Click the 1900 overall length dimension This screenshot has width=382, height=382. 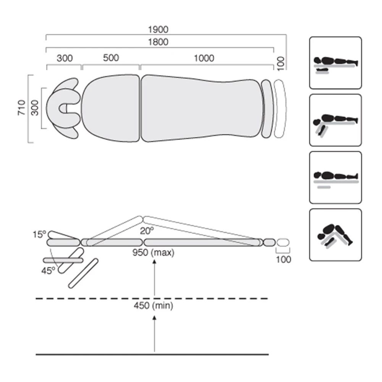pos(158,29)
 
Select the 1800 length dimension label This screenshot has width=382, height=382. pos(158,42)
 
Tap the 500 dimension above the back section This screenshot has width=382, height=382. pos(111,58)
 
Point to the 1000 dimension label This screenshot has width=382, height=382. pos(204,58)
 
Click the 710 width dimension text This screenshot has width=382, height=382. pos(23,108)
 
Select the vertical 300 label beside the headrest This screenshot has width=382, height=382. pos(35,108)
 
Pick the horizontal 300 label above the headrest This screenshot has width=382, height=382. pos(65,58)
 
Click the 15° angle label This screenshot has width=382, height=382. pos(39,234)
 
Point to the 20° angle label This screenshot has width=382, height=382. pos(146,230)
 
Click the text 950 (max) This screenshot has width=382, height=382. pos(153,253)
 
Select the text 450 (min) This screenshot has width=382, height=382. pos(153,306)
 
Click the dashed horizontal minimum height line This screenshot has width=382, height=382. pos(95,298)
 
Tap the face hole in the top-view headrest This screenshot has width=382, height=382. pos(69,108)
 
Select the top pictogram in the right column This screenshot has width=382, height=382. pos(335,63)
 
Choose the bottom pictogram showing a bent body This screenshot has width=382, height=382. pos(335,235)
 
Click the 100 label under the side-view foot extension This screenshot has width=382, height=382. pos(283,259)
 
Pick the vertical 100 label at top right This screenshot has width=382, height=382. pos(281,63)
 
